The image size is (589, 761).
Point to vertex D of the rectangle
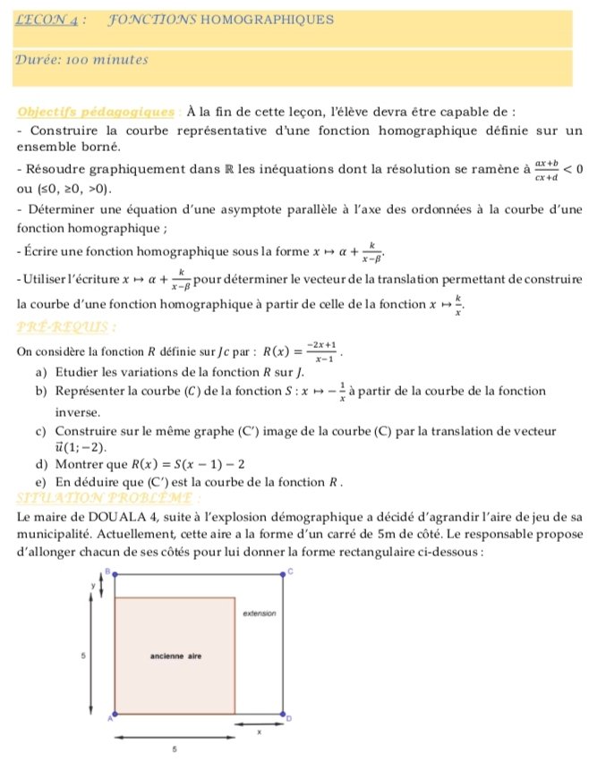tap(283, 714)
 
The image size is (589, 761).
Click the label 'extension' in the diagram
tap(260, 614)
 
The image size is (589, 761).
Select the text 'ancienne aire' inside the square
tap(175, 655)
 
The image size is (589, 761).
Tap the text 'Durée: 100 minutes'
tap(81, 60)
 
